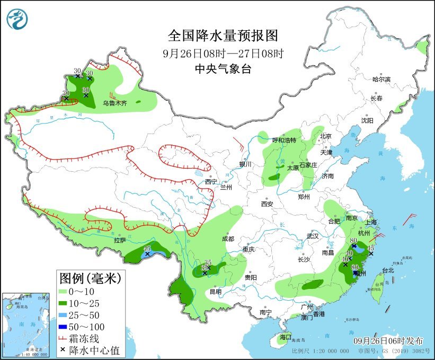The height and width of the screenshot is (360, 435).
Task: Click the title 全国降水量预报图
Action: pos(223,36)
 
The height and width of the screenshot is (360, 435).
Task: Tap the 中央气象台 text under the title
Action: pos(223,68)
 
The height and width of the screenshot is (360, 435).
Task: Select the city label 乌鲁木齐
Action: pos(115,103)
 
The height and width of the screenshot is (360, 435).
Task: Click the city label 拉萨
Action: pos(119,240)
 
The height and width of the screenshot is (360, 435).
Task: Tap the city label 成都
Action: pos(228,239)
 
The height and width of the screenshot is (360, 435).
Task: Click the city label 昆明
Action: pos(216,291)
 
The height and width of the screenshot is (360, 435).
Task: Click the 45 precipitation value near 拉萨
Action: pos(147,249)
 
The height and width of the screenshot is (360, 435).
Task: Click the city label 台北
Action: pos(388,270)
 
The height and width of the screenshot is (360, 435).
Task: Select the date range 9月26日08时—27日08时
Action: pos(223,53)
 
